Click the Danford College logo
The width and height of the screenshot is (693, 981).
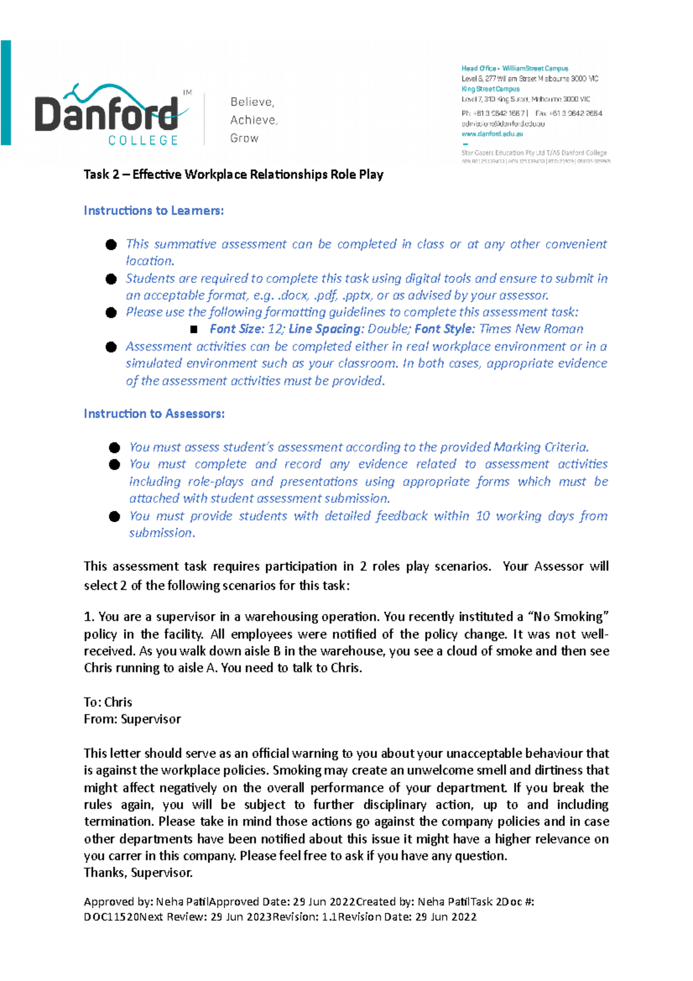coord(113,116)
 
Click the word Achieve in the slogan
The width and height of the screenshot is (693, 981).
coord(253,120)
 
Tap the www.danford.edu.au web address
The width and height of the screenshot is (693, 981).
coord(492,133)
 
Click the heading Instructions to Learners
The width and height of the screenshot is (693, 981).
coord(154,211)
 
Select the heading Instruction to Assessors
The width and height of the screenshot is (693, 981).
coord(154,414)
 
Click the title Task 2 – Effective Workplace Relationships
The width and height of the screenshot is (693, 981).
coord(233,174)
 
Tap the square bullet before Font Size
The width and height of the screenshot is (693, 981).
coord(194,329)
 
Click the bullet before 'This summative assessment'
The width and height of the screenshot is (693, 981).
coord(111,245)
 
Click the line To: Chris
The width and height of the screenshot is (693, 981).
coord(108,702)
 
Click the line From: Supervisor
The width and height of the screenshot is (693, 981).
coord(132,719)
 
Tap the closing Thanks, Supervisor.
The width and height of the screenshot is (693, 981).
coord(138,872)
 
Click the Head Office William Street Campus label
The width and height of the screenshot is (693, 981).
coord(515,68)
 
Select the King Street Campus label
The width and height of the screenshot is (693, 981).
coord(490,89)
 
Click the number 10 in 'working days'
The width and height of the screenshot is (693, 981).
coord(483,516)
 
